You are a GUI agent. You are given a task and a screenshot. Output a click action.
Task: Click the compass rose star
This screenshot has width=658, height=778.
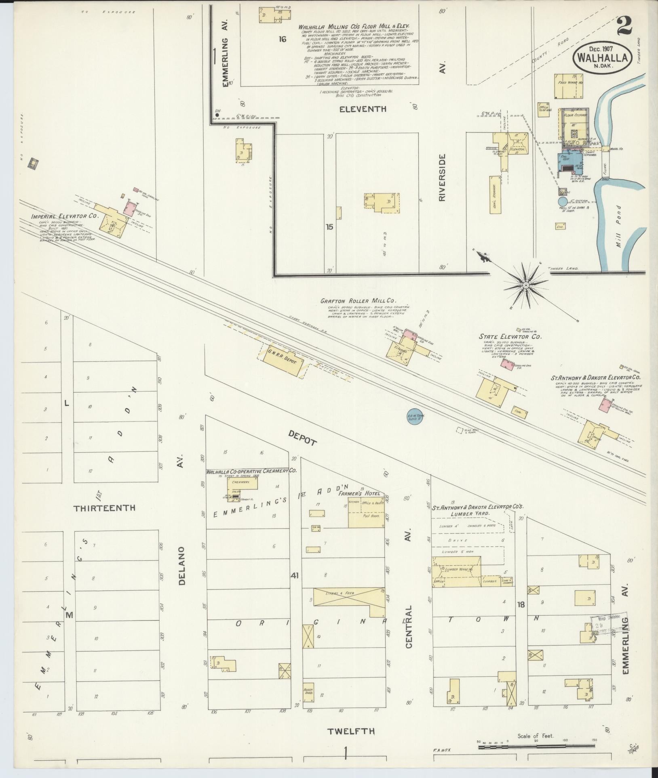526,285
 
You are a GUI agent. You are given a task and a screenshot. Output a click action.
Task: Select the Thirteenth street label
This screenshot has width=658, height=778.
104,508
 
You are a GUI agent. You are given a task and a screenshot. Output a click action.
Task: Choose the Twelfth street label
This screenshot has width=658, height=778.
351,731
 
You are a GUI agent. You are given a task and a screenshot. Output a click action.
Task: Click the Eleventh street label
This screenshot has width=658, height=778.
363,109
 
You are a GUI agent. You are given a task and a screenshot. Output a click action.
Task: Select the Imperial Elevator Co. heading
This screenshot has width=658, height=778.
65,216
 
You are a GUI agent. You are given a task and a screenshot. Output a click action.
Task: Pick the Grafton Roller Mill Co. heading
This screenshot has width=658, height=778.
358,301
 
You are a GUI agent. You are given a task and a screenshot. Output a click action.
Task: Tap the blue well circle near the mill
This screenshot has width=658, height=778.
563,201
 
